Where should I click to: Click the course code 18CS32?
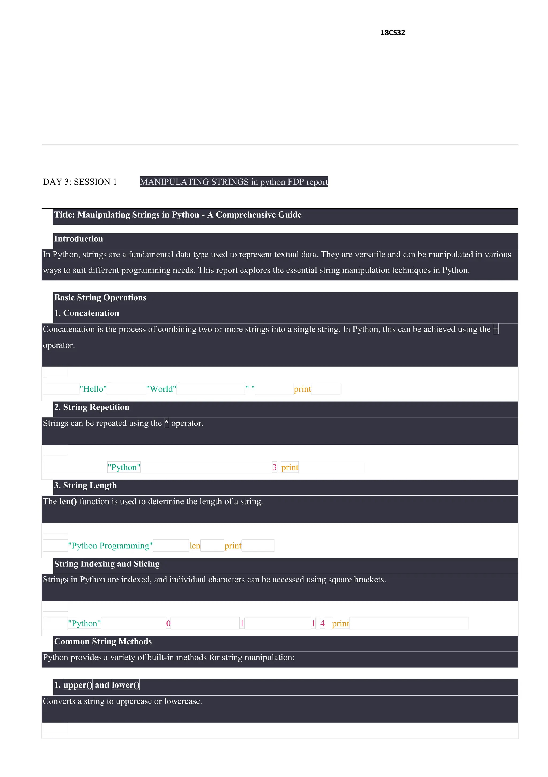pyautogui.click(x=392, y=32)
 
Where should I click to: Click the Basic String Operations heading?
pyautogui.click(x=100, y=297)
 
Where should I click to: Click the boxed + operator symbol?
pyautogui.click(x=496, y=329)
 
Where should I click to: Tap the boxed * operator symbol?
pyautogui.click(x=166, y=423)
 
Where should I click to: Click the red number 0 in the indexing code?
pyautogui.click(x=168, y=623)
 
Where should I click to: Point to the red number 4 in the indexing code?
pyautogui.click(x=322, y=623)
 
